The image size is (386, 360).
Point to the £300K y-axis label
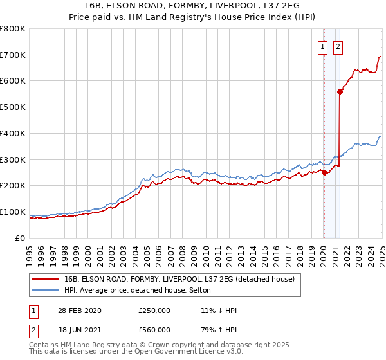(13, 159)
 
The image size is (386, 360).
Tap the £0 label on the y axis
(21, 238)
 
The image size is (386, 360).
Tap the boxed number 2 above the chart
(338, 46)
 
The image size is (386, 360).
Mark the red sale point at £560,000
(340, 91)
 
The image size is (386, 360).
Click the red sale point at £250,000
(324, 172)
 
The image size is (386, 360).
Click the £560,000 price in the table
(154, 332)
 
